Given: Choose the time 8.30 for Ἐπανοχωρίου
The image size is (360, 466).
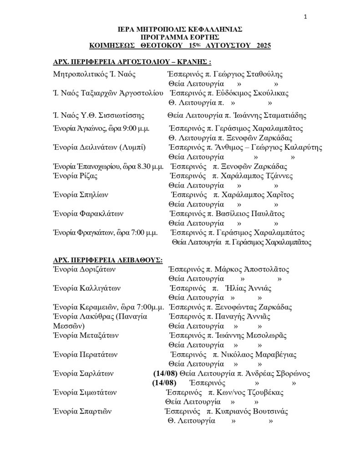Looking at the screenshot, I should [139, 166].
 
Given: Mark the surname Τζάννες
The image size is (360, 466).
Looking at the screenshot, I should [282, 176].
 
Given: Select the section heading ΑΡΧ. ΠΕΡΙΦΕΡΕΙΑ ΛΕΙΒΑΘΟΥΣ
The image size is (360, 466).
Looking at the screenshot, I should [108, 259].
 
